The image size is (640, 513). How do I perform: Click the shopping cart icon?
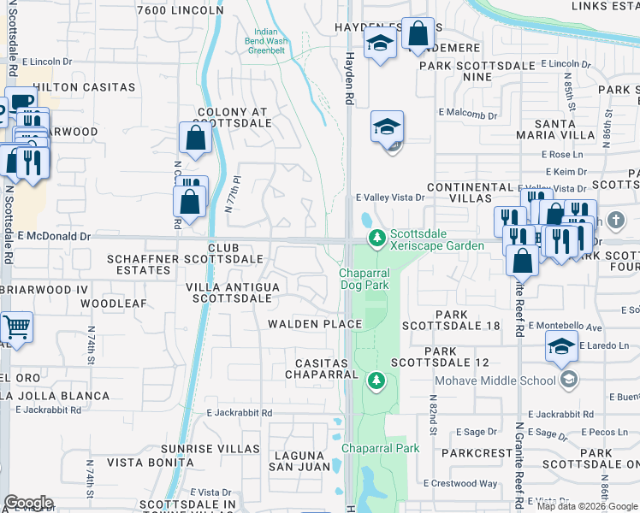(x=16, y=327)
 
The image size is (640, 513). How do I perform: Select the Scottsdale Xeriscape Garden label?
(x=436, y=239)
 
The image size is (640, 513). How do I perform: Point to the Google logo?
(x=27, y=503)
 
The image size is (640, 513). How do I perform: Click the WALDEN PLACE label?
(x=314, y=324)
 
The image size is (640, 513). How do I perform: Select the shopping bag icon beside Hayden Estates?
(x=418, y=35)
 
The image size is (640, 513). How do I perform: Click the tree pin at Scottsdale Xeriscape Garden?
(x=375, y=237)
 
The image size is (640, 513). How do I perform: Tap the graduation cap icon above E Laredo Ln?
(x=561, y=346)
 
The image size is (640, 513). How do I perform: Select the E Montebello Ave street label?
(x=566, y=327)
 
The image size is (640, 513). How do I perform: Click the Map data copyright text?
(x=587, y=505)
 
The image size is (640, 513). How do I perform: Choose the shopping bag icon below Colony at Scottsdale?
(x=195, y=139)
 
